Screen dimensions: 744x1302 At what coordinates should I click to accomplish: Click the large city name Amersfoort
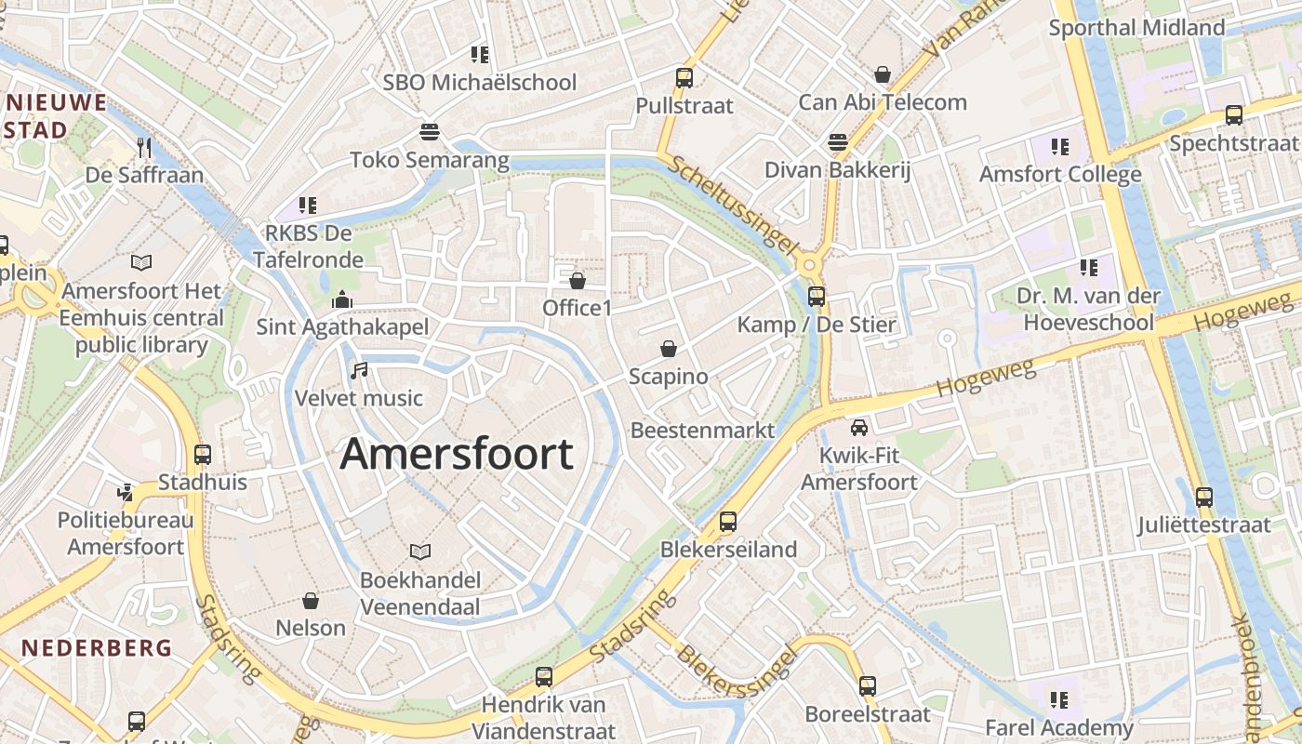457,454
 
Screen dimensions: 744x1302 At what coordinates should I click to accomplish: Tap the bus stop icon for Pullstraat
684,78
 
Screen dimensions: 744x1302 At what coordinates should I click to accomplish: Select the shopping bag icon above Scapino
668,350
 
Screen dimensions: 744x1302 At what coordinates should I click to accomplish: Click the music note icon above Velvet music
359,371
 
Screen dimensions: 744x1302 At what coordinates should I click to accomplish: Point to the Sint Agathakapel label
342,326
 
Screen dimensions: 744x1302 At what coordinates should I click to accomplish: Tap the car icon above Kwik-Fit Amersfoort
858,428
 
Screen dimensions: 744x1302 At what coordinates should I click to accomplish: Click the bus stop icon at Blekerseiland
727,522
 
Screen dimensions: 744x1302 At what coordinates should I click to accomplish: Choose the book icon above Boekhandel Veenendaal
420,552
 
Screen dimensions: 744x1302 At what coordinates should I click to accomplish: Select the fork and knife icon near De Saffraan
144,147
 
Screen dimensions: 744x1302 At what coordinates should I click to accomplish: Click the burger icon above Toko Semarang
429,132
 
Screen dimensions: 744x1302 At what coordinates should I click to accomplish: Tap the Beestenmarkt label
702,430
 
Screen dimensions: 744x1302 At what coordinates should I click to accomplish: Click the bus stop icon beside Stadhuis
203,455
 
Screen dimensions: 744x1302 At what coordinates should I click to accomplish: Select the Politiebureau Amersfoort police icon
126,492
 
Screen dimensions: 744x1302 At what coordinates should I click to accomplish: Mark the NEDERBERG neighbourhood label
97,647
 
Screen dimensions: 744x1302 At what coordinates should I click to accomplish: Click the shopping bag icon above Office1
577,280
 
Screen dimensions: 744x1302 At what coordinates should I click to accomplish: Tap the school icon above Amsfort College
1059,147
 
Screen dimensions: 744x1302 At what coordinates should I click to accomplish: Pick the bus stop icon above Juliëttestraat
1204,497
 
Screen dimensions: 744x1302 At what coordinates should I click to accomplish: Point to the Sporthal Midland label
1136,28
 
